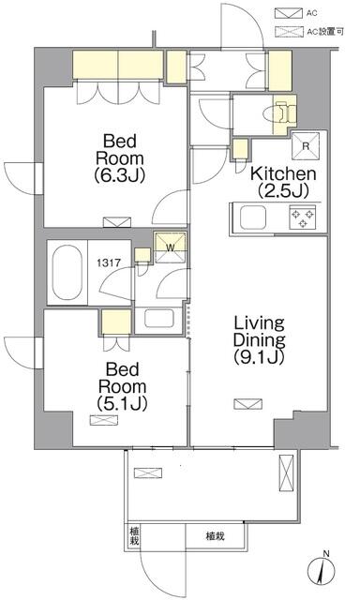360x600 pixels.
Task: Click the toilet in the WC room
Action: coord(281,112)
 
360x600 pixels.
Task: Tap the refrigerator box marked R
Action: coord(306,146)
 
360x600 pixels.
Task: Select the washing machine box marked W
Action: coord(170,247)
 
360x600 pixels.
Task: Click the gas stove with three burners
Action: coord(303,217)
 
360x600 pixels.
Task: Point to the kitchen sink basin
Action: coord(253,217)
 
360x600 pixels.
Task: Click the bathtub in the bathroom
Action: coord(67,272)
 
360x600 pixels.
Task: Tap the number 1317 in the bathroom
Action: coord(109,262)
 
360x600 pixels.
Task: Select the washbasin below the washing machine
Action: coord(159,318)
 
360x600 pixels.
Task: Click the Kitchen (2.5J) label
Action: coord(283,182)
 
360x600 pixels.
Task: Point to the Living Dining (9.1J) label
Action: coord(260,339)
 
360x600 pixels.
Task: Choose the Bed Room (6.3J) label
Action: coord(119,157)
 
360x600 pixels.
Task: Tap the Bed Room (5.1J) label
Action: coord(122,386)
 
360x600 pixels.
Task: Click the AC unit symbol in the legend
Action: coord(288,13)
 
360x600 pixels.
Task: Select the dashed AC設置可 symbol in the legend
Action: coord(288,32)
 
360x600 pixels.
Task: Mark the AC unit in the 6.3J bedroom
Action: coord(117,222)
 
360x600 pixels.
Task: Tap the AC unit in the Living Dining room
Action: coord(248,404)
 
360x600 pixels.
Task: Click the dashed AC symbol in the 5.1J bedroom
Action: coord(104,420)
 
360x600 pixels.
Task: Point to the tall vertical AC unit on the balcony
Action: coord(286,472)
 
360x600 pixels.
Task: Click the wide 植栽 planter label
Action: coord(215,536)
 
